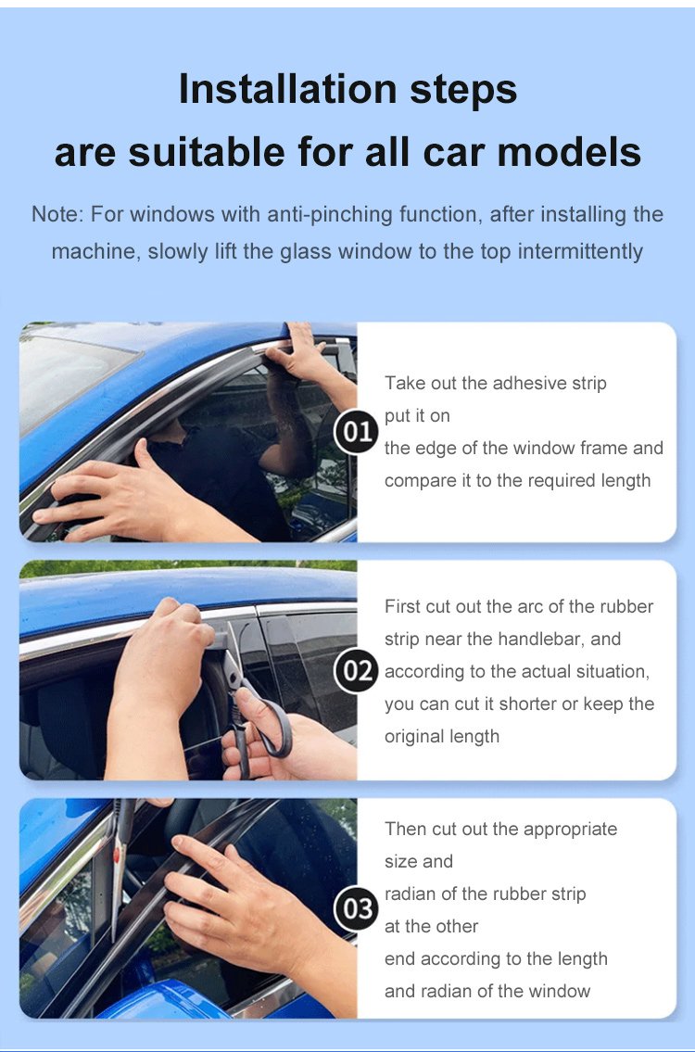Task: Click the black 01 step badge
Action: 357,432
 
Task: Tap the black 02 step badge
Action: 357,670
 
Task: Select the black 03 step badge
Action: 357,908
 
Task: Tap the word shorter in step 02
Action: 527,703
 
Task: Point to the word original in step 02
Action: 411,737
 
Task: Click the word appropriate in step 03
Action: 570,830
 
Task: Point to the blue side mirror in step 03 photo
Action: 168,1000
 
